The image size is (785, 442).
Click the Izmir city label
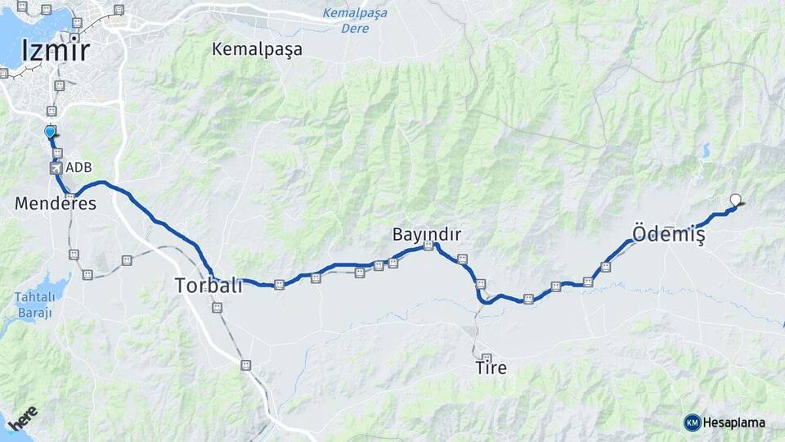pos(55,51)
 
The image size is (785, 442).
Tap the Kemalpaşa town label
pos(257,49)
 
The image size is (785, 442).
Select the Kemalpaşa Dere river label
pos(355,20)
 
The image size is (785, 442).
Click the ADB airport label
pos(78,168)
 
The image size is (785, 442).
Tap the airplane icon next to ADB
pos(56,168)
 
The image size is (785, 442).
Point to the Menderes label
pos(55,204)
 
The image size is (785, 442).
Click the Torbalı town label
pos(208,286)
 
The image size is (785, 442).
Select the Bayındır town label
pos(427,235)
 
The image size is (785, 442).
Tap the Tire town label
pos(491,368)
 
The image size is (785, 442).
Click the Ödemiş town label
pos(668,233)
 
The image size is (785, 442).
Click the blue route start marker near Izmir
pos(50,131)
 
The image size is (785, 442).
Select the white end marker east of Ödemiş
pos(735,199)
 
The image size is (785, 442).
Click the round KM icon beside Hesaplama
pos(693,422)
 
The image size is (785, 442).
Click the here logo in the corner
pos(23,421)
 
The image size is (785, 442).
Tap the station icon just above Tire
pos(487,358)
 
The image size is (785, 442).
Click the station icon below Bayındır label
pos(428,246)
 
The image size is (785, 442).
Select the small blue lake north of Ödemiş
pos(705,151)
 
